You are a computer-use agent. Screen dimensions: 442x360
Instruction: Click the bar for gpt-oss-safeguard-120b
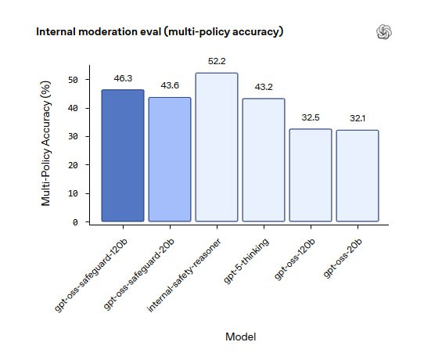coord(123,155)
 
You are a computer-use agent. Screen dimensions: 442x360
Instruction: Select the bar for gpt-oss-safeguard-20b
coord(170,160)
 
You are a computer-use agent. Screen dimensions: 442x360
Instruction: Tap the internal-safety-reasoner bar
coord(217,147)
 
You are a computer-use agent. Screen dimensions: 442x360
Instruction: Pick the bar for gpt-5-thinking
coord(264,160)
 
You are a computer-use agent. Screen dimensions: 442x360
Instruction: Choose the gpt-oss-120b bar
coord(311,175)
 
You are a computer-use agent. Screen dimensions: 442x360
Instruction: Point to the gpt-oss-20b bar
coord(358,175)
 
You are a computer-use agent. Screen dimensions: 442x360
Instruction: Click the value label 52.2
coord(217,62)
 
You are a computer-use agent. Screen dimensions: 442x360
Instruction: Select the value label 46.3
coord(123,78)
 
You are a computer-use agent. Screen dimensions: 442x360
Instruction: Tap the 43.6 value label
coord(170,85)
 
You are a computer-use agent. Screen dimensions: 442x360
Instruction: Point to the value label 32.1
coord(358,118)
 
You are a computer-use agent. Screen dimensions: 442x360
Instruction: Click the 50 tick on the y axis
coord(73,80)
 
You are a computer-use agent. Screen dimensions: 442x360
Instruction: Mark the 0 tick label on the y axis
coord(75,223)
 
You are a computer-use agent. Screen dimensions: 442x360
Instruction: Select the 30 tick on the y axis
coord(73,137)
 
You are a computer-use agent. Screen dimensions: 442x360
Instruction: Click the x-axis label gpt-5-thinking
coord(246,261)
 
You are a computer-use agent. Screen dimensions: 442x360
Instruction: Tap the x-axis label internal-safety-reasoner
coord(184,275)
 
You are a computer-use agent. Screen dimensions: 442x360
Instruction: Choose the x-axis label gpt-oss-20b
coord(342,258)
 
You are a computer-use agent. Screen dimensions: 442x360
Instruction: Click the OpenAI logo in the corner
coord(384,31)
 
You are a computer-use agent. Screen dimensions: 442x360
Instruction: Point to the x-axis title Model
coord(240,337)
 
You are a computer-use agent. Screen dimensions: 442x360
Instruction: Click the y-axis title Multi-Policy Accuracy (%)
coord(45,143)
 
